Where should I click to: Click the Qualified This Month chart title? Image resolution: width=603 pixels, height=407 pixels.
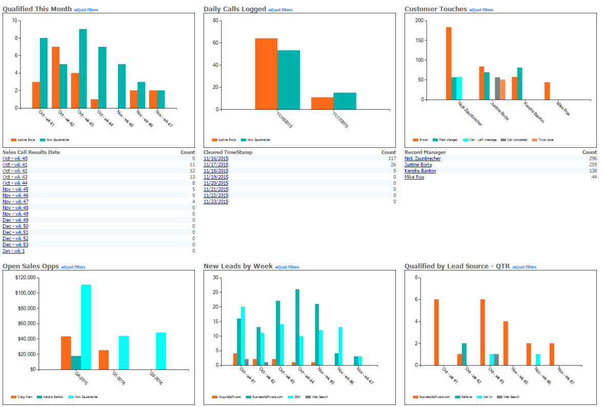point(37,9)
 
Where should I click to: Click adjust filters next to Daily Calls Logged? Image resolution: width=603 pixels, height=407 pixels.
point(280,10)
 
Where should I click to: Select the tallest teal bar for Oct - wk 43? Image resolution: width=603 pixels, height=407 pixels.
point(83,68)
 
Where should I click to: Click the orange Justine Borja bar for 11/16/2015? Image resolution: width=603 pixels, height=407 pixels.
point(266,74)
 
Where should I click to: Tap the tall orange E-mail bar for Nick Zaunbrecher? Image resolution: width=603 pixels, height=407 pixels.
point(449,63)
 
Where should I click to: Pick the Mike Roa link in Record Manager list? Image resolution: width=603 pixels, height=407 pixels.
point(414,177)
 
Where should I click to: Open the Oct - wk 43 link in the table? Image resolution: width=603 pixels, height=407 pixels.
point(15,177)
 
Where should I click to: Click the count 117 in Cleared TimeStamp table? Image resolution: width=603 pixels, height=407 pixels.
point(392,159)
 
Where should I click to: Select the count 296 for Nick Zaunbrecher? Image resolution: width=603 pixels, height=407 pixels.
point(593,159)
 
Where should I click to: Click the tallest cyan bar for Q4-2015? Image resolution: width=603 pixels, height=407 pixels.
point(86,326)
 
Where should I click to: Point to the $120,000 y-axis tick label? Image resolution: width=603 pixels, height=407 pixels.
point(25,278)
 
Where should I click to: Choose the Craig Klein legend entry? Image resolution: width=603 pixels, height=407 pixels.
point(23,397)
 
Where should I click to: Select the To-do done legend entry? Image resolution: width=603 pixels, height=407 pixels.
point(544,140)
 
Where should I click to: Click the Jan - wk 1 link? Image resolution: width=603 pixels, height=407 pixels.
point(13,251)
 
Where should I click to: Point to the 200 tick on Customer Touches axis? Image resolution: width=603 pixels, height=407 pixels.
point(419,21)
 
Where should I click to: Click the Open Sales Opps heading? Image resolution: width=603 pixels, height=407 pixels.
point(31,266)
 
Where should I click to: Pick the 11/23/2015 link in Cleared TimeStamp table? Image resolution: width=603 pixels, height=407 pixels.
point(216,202)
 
